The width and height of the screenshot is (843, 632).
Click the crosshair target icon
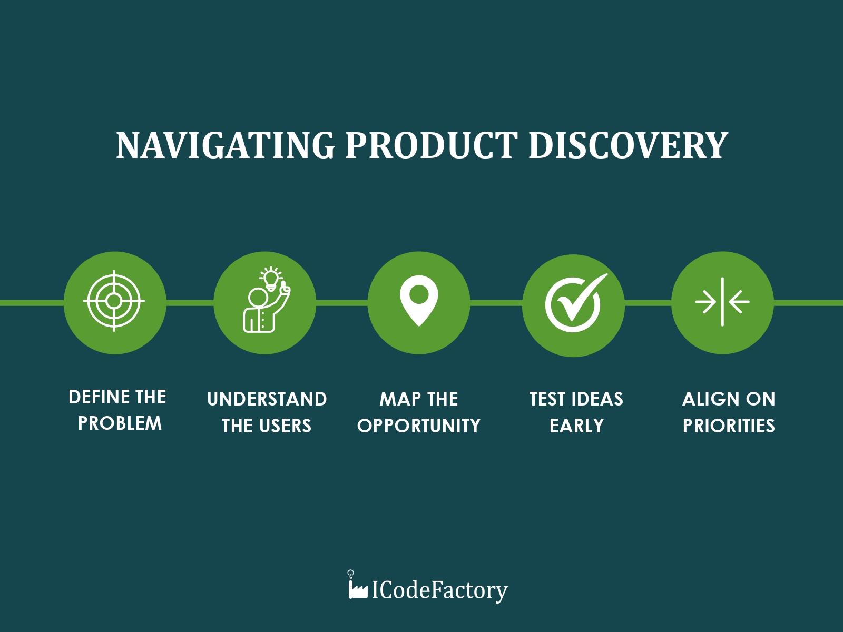[x=114, y=301]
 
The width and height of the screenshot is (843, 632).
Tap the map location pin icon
[x=419, y=300]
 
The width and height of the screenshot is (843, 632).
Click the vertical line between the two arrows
[x=722, y=302]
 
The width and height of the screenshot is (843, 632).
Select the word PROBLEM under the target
[x=120, y=423]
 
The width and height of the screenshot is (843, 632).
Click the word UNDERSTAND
[x=267, y=399]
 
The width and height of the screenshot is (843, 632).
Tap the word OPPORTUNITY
[x=419, y=426]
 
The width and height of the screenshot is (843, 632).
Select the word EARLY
[x=576, y=426]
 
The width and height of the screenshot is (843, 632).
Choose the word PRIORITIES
[x=729, y=426]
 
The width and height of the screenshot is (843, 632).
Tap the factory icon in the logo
[x=358, y=586]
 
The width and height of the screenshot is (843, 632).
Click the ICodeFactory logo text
[x=439, y=590]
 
